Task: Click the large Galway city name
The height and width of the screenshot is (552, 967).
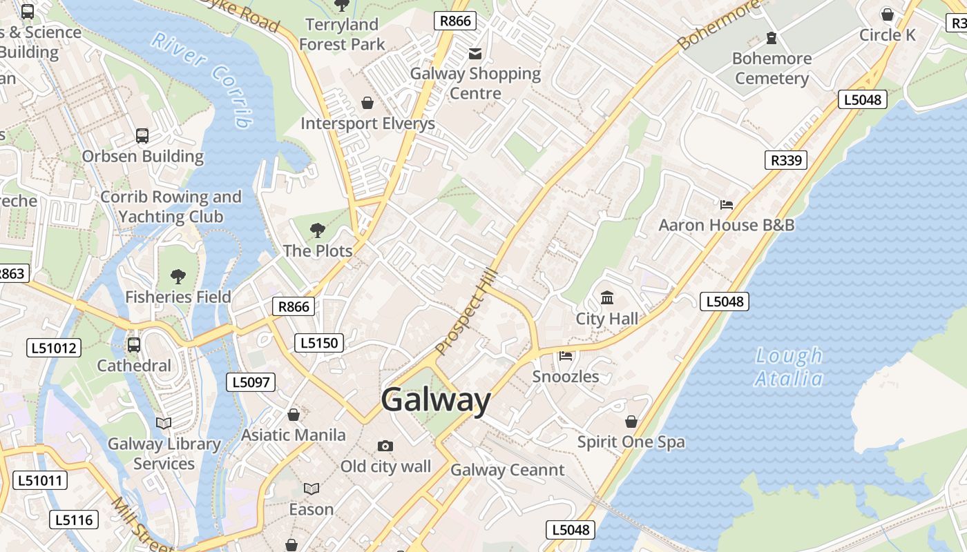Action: tap(435, 400)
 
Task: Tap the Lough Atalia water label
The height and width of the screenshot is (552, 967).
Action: tap(789, 367)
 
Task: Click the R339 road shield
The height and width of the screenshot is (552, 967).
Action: tap(786, 161)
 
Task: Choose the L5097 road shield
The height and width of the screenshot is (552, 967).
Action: tap(251, 382)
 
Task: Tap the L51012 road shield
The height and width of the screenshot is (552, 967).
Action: tap(55, 348)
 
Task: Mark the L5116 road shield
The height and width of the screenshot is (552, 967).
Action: tap(74, 520)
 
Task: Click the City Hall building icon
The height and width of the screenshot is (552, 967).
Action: tap(607, 298)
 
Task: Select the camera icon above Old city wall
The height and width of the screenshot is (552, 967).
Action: tap(385, 446)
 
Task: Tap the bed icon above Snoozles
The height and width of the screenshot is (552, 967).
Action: tap(566, 356)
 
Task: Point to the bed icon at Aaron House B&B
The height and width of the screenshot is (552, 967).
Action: tap(726, 204)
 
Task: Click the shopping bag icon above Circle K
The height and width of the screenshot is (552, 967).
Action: tap(888, 14)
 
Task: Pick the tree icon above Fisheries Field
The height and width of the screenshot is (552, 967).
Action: tap(178, 277)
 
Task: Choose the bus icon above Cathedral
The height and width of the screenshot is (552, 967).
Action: tap(134, 345)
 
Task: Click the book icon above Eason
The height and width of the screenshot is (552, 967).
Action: tap(312, 489)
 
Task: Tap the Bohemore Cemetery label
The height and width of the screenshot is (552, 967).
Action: tap(772, 68)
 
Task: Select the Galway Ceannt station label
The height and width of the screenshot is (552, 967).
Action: tap(508, 471)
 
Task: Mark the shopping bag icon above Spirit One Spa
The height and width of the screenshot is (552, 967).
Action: tap(631, 422)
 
